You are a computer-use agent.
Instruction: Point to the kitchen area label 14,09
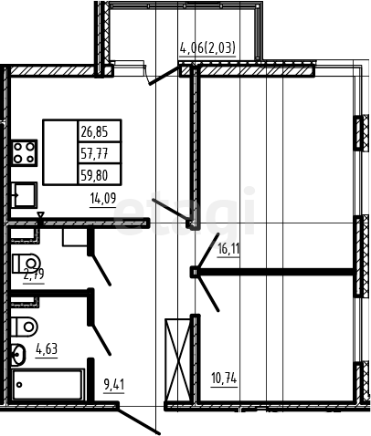103,198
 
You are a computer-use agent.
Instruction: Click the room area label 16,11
228,249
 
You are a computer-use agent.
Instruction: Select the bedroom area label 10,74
224,379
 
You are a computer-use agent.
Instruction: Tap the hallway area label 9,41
114,385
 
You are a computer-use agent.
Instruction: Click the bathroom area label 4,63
47,348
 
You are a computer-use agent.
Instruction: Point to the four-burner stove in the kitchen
25,153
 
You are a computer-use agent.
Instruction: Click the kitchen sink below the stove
24,195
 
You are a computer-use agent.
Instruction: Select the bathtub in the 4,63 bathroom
48,384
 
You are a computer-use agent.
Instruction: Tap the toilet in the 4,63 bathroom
25,327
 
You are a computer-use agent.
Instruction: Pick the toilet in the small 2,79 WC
26,264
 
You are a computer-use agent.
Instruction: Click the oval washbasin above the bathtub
18,355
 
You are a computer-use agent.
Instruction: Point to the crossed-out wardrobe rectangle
178,360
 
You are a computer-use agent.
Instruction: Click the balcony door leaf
164,76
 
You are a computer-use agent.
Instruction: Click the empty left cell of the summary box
60,152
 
